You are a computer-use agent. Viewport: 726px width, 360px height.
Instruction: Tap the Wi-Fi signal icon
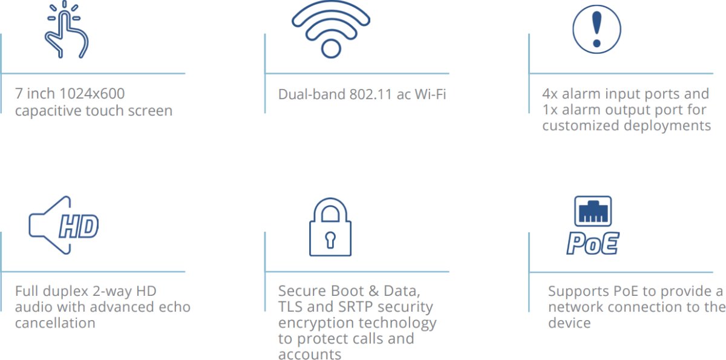click(330, 29)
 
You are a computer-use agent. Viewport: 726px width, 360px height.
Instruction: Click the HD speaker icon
click(63, 226)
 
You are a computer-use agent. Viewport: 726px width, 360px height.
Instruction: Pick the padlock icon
click(330, 229)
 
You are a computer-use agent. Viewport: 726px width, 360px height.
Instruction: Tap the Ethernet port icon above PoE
click(593, 212)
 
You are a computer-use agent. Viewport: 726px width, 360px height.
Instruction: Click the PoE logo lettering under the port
click(593, 243)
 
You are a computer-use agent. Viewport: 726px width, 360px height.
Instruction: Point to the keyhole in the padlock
click(330, 239)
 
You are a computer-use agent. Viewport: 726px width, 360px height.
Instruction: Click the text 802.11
click(370, 94)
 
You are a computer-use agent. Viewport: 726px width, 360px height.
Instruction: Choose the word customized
click(580, 126)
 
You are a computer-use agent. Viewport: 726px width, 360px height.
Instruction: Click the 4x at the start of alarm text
click(550, 94)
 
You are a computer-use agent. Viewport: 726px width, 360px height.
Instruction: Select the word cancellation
click(55, 323)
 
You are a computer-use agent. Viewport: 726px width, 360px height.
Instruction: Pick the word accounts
click(309, 355)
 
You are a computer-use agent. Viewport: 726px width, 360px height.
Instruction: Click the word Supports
click(575, 291)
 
